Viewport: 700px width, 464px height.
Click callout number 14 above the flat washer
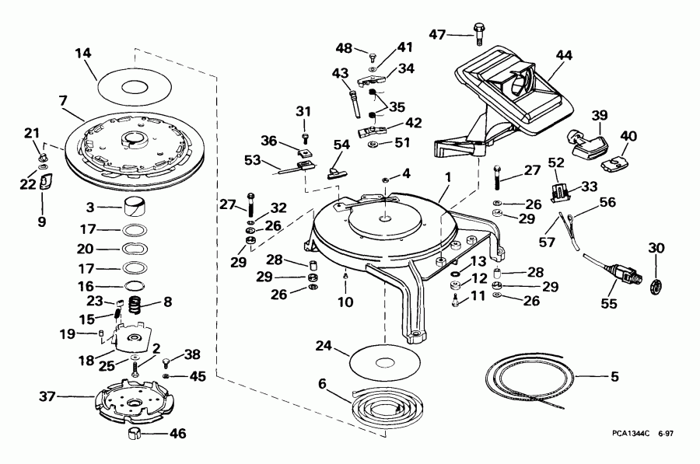coord(83,54)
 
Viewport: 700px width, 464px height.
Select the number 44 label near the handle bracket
coord(564,55)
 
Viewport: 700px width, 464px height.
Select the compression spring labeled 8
coord(137,305)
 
